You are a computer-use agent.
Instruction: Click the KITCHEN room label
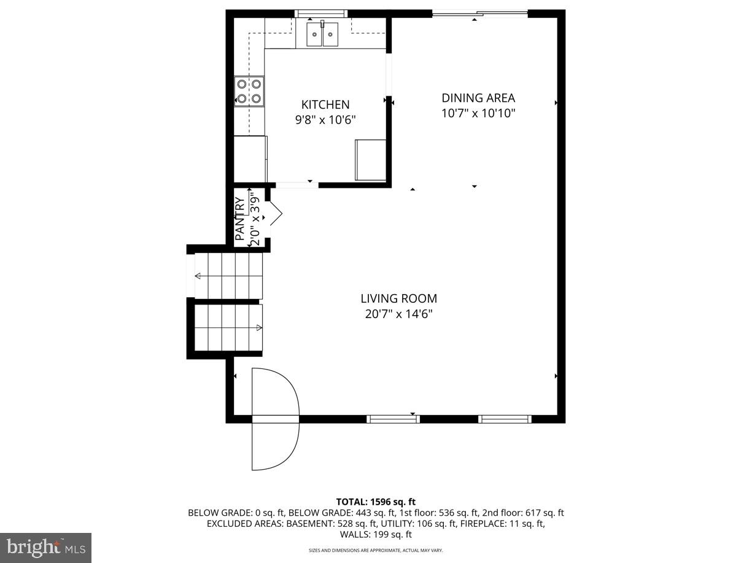click(325, 105)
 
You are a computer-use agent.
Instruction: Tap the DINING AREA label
click(478, 98)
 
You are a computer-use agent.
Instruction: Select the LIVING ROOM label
click(398, 299)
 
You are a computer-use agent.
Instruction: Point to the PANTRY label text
click(240, 218)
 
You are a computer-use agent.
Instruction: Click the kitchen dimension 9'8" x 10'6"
click(325, 120)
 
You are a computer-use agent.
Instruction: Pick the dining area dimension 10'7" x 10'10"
click(478, 113)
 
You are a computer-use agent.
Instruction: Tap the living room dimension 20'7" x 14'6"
click(398, 314)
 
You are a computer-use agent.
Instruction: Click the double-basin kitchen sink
click(322, 33)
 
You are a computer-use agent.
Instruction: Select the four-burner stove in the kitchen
click(249, 91)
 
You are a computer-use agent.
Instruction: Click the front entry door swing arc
click(276, 419)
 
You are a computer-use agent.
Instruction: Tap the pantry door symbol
click(274, 212)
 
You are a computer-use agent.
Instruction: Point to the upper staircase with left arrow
click(229, 276)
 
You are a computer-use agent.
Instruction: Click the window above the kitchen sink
click(321, 13)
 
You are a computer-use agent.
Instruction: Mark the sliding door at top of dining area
click(479, 14)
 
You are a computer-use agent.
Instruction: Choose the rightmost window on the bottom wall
click(505, 419)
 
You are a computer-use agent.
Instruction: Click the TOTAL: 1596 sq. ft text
click(376, 502)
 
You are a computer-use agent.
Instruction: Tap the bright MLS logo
click(45, 548)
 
